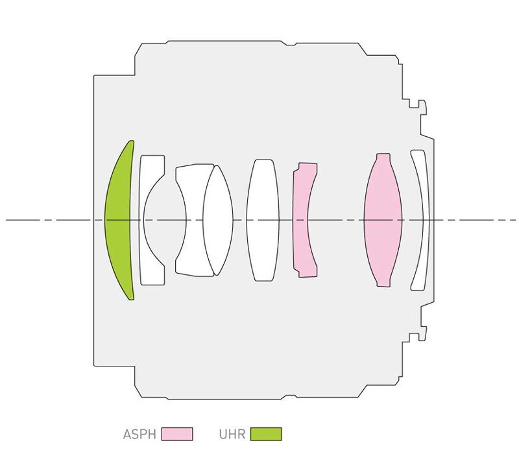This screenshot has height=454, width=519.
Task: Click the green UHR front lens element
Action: (117, 220)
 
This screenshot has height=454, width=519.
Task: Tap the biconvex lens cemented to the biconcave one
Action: (218, 220)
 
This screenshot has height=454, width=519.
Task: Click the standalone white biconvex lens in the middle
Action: (263, 220)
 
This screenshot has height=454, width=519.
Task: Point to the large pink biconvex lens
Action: (383, 220)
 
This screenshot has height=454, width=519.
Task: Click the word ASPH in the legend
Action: (139, 434)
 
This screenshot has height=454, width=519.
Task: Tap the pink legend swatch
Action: (177, 434)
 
